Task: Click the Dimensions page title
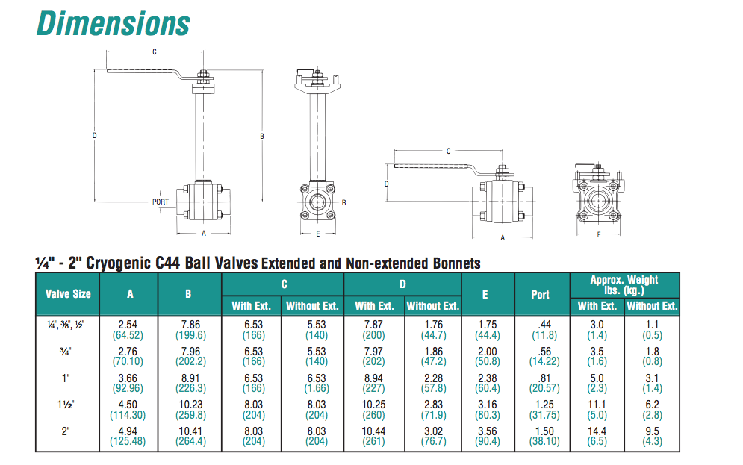tap(114, 24)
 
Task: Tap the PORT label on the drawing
tap(160, 202)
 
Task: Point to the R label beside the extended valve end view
tap(344, 203)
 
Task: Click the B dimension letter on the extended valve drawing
tap(262, 137)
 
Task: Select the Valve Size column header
tap(68, 294)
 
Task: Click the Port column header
tap(540, 295)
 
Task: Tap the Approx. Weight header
tap(624, 284)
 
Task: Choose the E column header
tap(485, 295)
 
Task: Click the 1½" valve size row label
tap(66, 405)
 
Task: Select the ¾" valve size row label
tap(66, 352)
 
